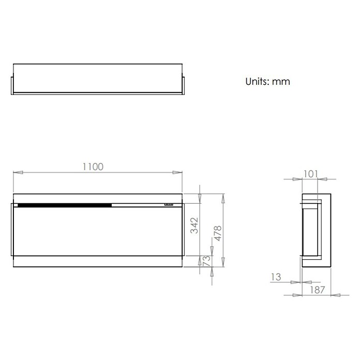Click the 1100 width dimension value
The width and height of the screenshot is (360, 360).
tap(93, 167)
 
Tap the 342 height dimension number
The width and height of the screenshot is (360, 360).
tap(194, 226)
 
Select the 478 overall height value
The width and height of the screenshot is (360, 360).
tap(218, 233)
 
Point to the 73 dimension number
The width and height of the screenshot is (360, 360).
tap(206, 261)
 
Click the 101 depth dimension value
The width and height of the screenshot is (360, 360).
tap(311, 174)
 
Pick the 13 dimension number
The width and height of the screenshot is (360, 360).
tap(276, 277)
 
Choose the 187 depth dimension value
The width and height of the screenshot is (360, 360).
tap(318, 290)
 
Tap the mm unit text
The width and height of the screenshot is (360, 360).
tap(281, 82)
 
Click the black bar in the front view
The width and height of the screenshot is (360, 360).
tap(65, 205)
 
